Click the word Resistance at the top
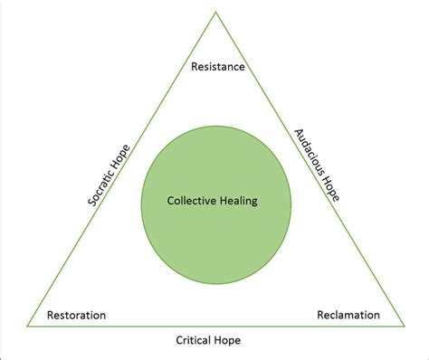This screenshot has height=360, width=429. point(216,67)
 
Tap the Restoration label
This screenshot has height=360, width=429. point(77,316)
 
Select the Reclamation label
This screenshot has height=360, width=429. point(348,316)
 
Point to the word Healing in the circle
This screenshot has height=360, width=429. point(239,202)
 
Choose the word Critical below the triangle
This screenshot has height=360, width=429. point(195,342)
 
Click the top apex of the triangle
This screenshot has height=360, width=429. point(215,12)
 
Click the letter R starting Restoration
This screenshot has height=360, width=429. point(52,316)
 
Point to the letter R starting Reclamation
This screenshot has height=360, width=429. point(320,316)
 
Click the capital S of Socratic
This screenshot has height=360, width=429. point(91,207)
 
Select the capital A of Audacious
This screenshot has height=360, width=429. point(298,134)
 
